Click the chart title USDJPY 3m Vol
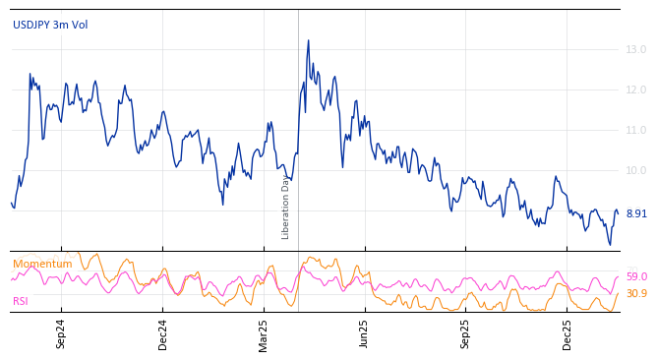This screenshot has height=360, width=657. coord(50,25)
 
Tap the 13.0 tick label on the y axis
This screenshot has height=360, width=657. coord(635,49)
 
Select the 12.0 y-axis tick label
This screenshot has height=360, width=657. coord(635,90)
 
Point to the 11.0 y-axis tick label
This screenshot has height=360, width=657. coord(635,130)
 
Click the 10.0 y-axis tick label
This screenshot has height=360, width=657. coord(635,170)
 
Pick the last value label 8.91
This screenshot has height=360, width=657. coord(635,213)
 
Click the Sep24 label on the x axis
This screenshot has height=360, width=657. coord(61,333)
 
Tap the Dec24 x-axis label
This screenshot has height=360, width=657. coord(163,333)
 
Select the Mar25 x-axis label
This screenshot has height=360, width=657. coord(264,333)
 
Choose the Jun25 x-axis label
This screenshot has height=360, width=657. coord(364,333)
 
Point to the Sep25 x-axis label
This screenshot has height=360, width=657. coord(466,333)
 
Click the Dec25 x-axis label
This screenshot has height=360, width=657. coord(567,333)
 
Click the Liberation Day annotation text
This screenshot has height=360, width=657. coord(286,207)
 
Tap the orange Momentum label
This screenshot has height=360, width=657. coord(42,264)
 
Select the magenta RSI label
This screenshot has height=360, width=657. coord(21,301)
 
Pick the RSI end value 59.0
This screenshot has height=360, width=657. coord(635,277)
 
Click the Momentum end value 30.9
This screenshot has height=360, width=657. coord(635,293)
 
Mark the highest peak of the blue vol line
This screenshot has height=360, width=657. coord(308,41)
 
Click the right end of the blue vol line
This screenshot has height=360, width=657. coord(618,212)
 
